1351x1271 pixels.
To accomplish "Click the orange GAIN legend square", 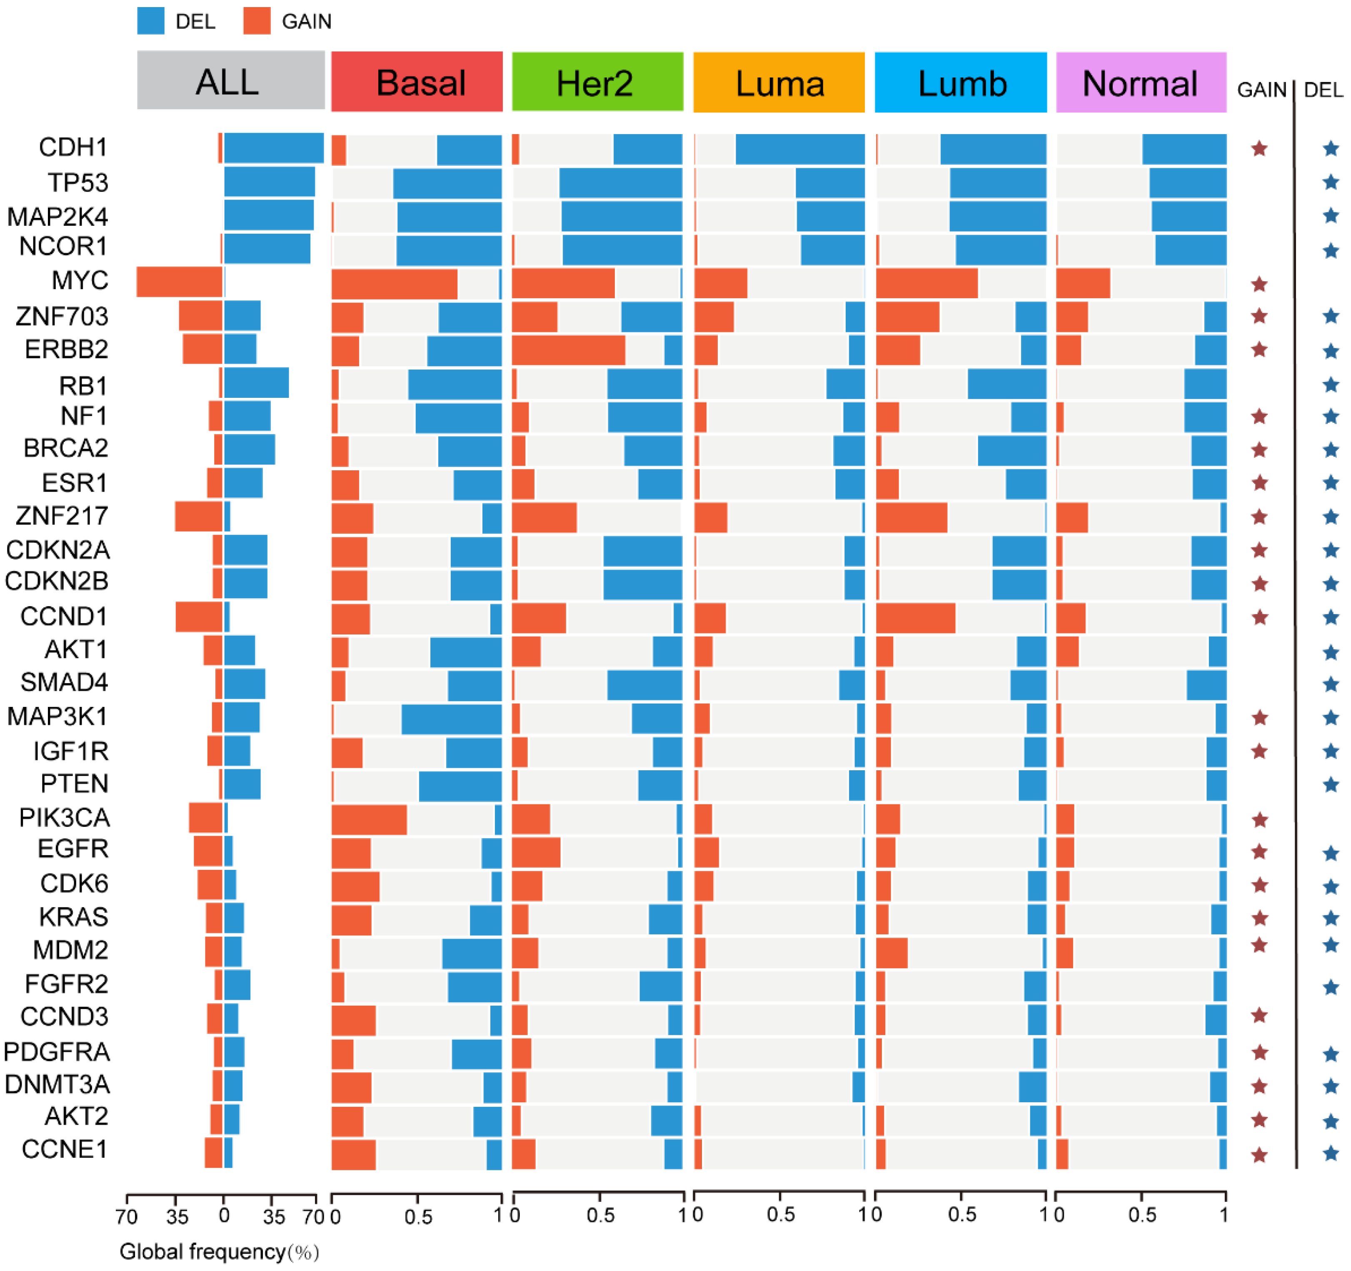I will pos(257,21).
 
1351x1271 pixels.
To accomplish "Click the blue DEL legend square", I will pos(151,21).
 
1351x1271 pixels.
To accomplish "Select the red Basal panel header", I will pos(417,82).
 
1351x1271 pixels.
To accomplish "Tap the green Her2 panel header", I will pos(597,82).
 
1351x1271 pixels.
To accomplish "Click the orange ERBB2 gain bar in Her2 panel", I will pos(568,350).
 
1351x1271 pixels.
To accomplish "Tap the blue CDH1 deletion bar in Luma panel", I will pos(800,149).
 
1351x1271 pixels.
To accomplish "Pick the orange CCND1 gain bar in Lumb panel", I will pos(915,617).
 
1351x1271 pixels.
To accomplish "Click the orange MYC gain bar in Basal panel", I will pos(394,283).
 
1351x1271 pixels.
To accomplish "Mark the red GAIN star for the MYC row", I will pos(1259,284).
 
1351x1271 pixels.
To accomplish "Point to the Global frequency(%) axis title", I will pos(219,1251).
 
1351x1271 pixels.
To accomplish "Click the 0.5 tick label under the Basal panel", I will pos(418,1216).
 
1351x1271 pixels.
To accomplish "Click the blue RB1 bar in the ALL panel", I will pos(256,383).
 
